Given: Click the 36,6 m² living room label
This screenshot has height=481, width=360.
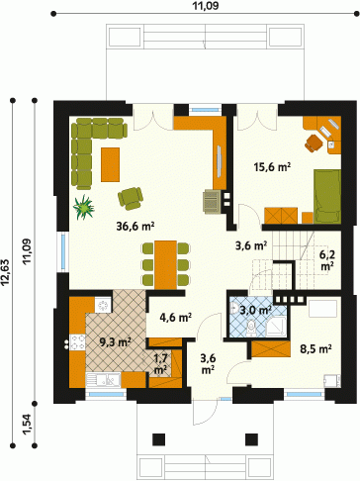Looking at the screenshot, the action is [x=135, y=226].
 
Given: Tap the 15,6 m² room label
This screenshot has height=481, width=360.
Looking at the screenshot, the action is [x=272, y=167].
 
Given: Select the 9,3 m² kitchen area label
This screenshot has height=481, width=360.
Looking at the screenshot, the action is [x=116, y=342].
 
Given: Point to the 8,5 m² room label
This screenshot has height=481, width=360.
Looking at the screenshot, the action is [x=315, y=348].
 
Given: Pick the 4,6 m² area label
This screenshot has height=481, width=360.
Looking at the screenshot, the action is [x=176, y=318].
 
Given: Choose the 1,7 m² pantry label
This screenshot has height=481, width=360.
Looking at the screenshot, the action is [x=161, y=364].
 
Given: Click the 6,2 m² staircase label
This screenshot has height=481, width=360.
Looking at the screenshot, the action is [x=326, y=260].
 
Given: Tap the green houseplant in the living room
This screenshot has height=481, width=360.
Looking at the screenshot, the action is [x=83, y=207].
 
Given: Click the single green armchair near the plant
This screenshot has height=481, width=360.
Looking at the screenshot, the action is [x=131, y=198].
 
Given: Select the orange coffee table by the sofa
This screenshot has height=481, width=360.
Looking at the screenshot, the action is [x=110, y=164].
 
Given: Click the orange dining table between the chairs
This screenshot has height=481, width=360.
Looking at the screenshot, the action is [x=165, y=265].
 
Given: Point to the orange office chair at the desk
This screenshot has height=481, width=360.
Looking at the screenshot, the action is [x=314, y=143].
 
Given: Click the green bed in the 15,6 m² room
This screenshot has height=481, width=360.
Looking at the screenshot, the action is [x=327, y=197].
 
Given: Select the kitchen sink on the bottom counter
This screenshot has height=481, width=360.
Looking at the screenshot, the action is [x=103, y=379].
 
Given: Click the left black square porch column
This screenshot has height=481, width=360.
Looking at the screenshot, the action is [x=158, y=439].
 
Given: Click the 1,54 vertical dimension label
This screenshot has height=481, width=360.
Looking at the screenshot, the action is [x=29, y=425].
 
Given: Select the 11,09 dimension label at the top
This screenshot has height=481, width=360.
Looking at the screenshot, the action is [x=206, y=6].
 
